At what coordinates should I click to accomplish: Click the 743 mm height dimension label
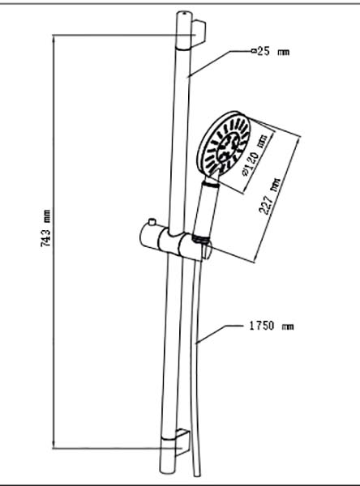click(45, 228)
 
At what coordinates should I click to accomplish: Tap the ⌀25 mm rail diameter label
click(270, 52)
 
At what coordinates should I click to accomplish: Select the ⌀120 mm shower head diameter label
click(255, 156)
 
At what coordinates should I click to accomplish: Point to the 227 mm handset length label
click(269, 197)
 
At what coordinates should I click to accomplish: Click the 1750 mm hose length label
click(272, 326)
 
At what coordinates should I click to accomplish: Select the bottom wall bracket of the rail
click(182, 442)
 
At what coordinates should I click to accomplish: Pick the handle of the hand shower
click(205, 207)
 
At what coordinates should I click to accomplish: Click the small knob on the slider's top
click(152, 222)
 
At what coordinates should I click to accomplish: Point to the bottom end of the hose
click(197, 473)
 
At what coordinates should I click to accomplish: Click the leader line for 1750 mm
click(218, 334)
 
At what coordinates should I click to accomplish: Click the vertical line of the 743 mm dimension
click(54, 241)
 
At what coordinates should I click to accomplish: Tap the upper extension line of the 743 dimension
click(124, 35)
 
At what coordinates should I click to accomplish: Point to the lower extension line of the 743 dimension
click(118, 448)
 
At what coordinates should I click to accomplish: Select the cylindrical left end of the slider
click(149, 237)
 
